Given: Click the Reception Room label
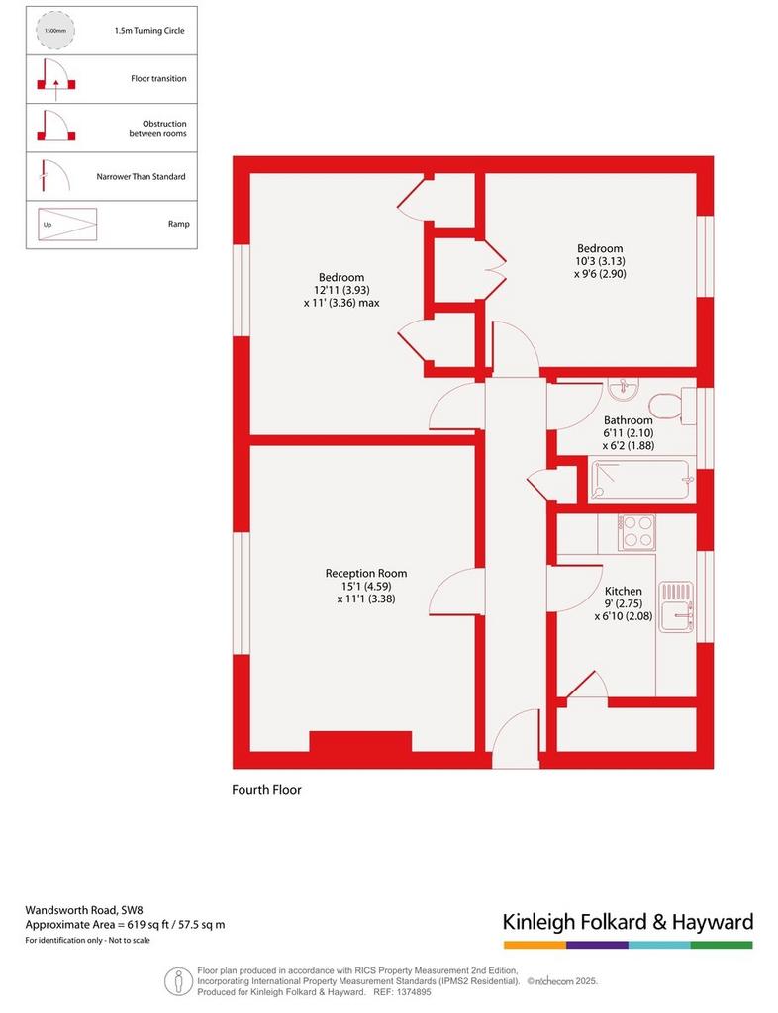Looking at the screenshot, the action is [366, 573].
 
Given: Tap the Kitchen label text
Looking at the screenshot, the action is [624, 591].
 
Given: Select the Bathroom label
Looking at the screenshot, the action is [629, 419].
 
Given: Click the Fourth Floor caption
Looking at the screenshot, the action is [267, 790].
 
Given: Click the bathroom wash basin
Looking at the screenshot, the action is [624, 389].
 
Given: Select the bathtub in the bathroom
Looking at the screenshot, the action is [640, 480].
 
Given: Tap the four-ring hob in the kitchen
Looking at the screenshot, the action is [636, 532].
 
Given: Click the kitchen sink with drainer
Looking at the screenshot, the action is [677, 606].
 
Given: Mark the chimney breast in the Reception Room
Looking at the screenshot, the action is [360, 742].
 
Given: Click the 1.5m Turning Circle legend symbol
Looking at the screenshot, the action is [55, 31].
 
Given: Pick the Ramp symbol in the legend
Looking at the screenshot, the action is [67, 225].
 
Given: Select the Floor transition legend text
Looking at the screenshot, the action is [158, 79].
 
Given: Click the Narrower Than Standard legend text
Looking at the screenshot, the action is [141, 176].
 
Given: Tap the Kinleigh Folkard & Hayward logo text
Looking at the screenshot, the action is [629, 922].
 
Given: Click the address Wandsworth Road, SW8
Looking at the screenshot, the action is [84, 910].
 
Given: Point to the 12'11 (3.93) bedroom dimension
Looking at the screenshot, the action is [341, 290].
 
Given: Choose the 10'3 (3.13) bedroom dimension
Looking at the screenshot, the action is [600, 261].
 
